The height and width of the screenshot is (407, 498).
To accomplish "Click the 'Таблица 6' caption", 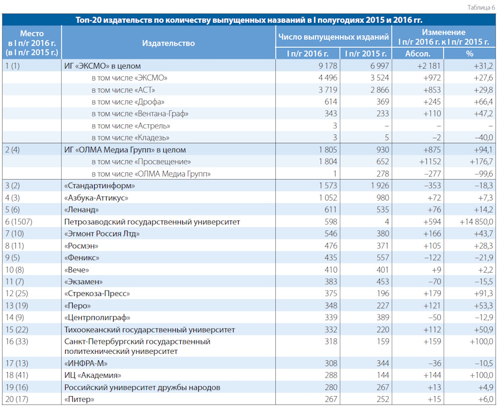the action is pyautogui.click(x=481, y=7).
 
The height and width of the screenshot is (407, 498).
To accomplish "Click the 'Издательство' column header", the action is pyautogui.click(x=168, y=43).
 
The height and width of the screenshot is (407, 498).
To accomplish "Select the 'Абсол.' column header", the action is pyautogui.click(x=418, y=54).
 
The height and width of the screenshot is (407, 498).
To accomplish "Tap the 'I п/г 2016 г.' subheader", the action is pyautogui.click(x=307, y=54).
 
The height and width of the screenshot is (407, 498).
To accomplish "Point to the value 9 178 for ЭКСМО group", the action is pyautogui.click(x=328, y=66).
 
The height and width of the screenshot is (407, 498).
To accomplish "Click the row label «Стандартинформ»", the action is pyautogui.click(x=100, y=186).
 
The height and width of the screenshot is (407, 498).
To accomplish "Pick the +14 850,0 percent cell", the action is pyautogui.click(x=476, y=222).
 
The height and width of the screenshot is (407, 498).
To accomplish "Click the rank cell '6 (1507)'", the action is pyautogui.click(x=19, y=222).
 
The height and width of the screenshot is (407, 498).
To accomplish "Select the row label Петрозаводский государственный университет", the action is pyautogui.click(x=152, y=222).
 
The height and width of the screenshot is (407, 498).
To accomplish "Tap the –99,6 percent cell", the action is pyautogui.click(x=484, y=174).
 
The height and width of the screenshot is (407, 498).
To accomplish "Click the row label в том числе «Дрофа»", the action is pyautogui.click(x=128, y=102).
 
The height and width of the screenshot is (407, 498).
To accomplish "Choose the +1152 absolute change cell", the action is pyautogui.click(x=430, y=162).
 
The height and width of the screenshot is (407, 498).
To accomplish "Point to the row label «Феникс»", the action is pyautogui.click(x=82, y=258).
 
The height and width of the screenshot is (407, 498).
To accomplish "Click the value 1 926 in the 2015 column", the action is pyautogui.click(x=379, y=186).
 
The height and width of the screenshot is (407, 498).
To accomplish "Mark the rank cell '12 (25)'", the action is pyautogui.click(x=16, y=294).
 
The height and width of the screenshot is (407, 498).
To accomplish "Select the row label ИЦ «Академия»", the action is pyautogui.click(x=93, y=375).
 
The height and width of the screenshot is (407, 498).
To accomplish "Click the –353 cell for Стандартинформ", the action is pyautogui.click(x=433, y=186).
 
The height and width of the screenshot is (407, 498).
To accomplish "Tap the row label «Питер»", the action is pyautogui.click(x=79, y=399).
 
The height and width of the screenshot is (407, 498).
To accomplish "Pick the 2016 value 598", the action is pyautogui.click(x=331, y=222).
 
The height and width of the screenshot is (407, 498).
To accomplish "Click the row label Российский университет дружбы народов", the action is pyautogui.click(x=142, y=387).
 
